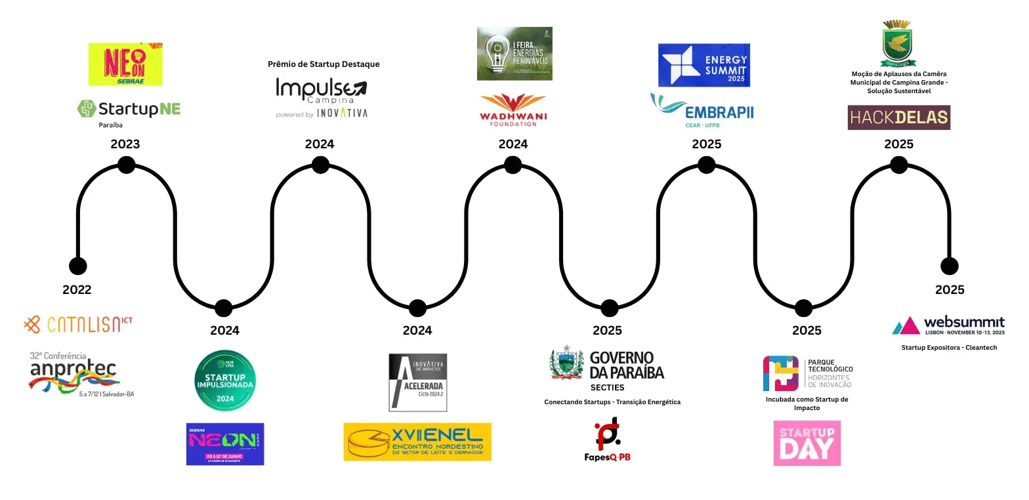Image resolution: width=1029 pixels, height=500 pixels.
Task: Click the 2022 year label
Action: (x=77, y=289)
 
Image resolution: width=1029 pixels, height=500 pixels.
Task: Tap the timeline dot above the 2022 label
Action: (x=77, y=266)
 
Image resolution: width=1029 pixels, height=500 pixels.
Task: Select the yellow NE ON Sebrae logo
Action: (x=125, y=64)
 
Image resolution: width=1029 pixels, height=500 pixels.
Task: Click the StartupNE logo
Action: (x=129, y=108)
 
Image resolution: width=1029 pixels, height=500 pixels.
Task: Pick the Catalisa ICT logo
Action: (x=78, y=324)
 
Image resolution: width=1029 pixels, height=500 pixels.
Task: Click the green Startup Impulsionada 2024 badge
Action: (x=225, y=381)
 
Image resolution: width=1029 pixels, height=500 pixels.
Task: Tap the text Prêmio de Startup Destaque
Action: (x=324, y=64)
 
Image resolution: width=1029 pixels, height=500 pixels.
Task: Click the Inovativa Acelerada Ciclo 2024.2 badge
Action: (x=418, y=383)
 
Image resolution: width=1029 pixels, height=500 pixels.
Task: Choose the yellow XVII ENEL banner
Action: (x=417, y=441)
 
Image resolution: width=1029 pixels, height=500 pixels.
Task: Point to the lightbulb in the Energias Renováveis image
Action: (x=497, y=54)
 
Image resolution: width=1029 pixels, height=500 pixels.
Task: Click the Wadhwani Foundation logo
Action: (x=514, y=110)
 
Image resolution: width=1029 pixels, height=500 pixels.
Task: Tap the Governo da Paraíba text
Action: (x=627, y=365)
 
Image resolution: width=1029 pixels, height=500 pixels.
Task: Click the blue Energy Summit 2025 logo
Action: (x=704, y=65)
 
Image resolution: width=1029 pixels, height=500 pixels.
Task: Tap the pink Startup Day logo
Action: (x=807, y=443)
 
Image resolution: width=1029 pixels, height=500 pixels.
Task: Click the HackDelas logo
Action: (x=898, y=117)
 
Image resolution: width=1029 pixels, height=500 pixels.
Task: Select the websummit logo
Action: (x=948, y=324)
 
